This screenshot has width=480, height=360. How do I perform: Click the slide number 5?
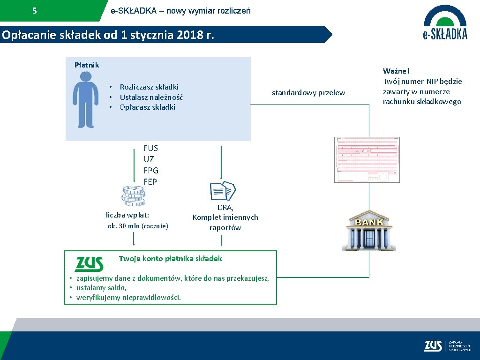(x=34, y=11)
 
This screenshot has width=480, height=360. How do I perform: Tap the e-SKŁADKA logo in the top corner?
(x=445, y=22)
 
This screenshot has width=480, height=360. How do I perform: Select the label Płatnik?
(x=87, y=65)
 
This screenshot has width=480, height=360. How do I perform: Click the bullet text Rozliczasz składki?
(x=149, y=87)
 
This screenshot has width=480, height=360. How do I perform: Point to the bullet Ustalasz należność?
(x=151, y=97)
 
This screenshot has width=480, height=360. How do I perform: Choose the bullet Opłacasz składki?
(x=147, y=107)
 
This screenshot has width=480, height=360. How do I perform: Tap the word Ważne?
(x=396, y=71)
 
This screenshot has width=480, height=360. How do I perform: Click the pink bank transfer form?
(x=367, y=159)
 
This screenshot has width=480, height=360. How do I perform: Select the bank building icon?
(x=371, y=230)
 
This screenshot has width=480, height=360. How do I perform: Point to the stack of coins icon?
(x=134, y=195)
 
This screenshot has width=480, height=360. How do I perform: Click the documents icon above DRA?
(x=223, y=191)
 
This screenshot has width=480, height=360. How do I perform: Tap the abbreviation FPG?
(x=151, y=171)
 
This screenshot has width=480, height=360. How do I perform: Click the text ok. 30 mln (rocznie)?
(x=138, y=226)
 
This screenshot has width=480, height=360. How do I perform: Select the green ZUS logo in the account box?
(x=89, y=264)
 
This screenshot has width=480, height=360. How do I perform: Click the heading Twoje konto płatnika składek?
(x=170, y=259)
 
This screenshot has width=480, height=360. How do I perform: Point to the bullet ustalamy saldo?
(x=101, y=288)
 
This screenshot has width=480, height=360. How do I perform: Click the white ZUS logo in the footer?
(x=433, y=346)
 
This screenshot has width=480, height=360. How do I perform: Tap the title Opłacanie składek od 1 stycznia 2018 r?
(x=108, y=35)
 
